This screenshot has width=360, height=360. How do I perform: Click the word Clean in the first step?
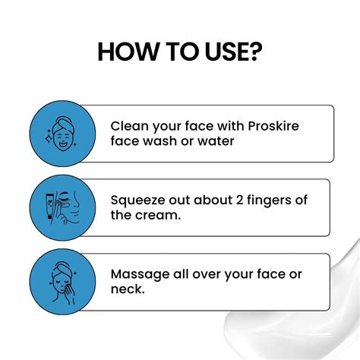click(129, 125)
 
